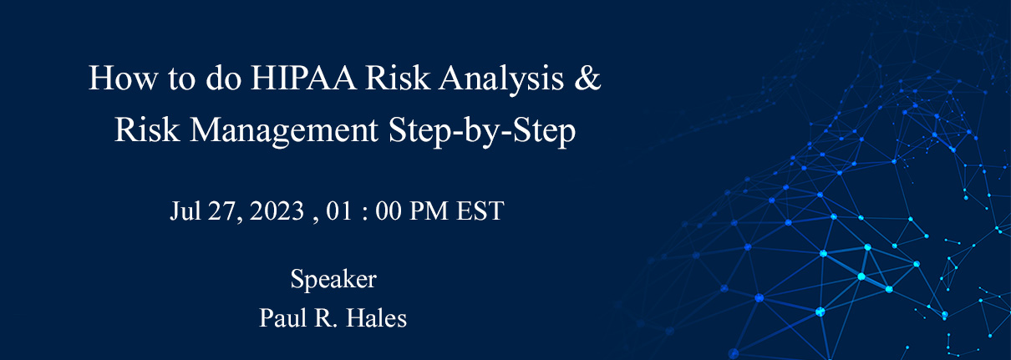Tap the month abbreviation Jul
click(184, 211)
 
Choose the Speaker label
click(333, 280)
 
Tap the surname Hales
click(377, 318)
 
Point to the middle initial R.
click(325, 318)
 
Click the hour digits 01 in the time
click(339, 211)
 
